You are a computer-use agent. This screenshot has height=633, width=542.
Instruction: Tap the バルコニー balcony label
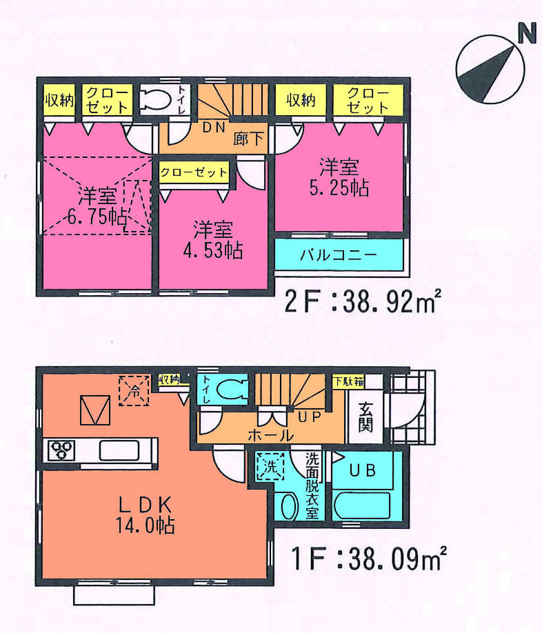click(x=338, y=255)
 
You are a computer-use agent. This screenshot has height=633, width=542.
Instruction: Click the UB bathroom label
click(x=363, y=471)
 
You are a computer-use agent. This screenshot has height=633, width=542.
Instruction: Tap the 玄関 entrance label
click(x=365, y=416)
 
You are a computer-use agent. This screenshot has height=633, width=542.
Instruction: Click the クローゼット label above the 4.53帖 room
click(x=194, y=172)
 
